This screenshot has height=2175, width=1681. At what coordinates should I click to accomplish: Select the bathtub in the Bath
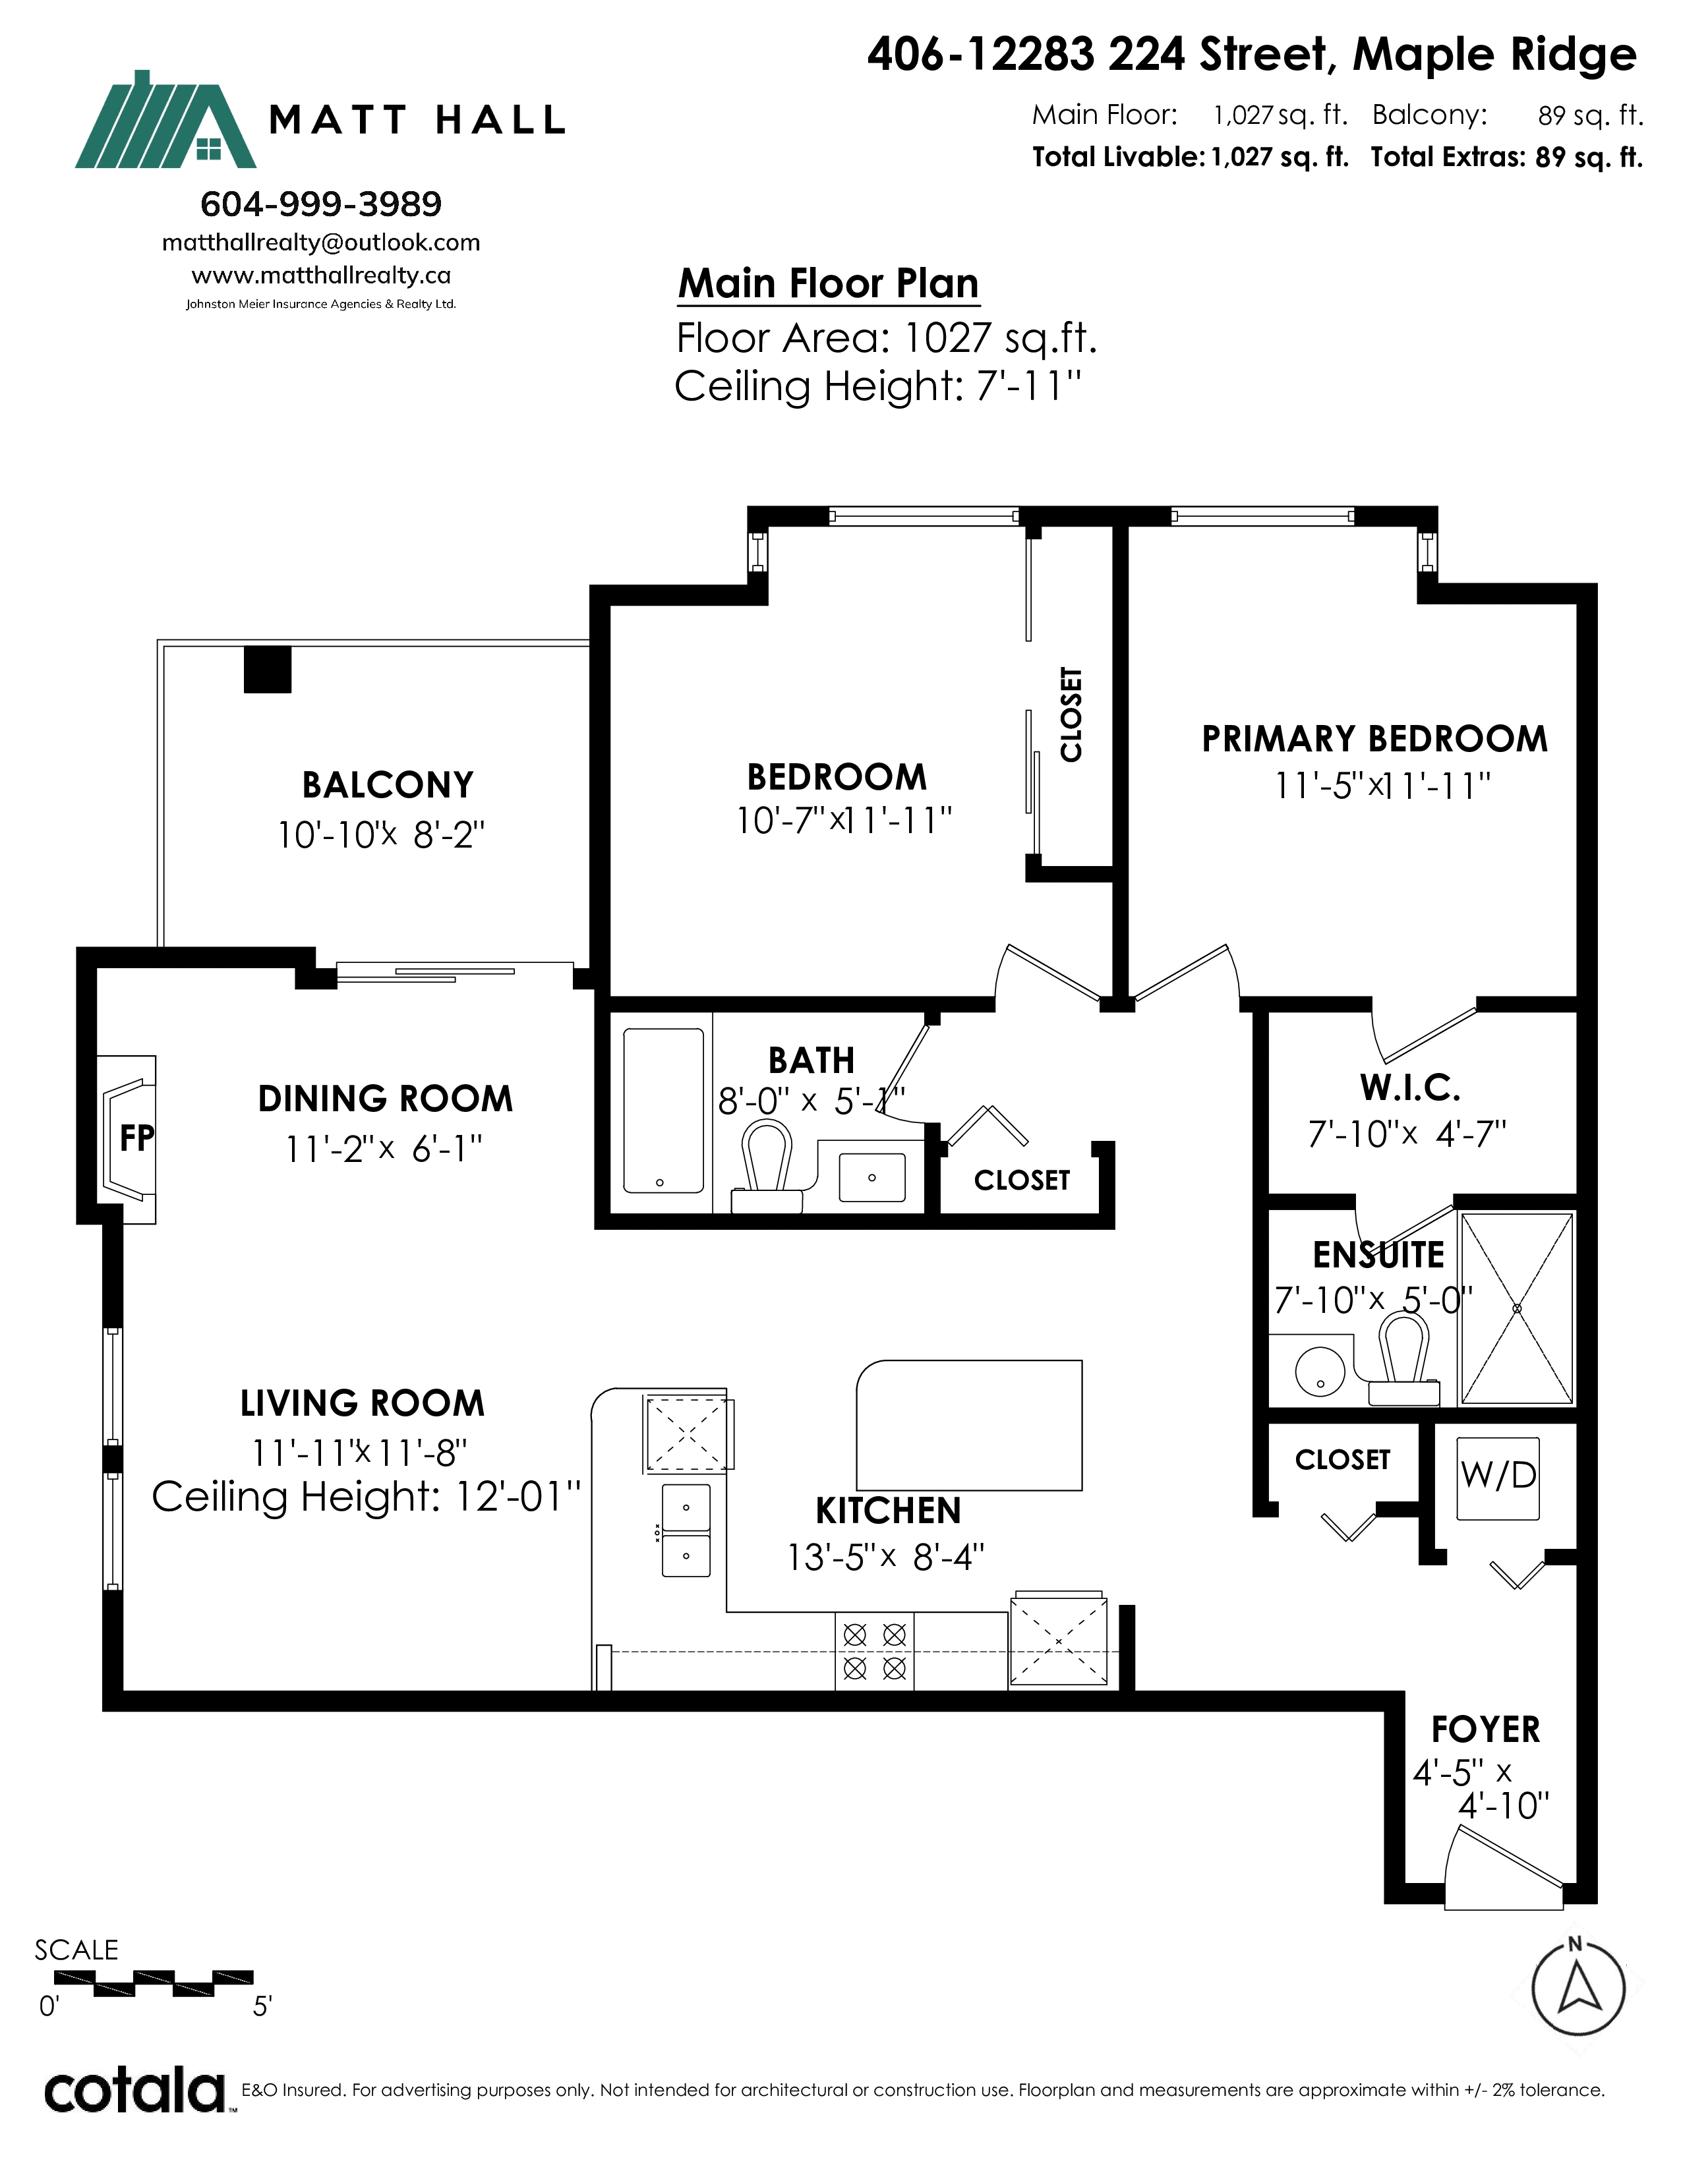(x=663, y=1111)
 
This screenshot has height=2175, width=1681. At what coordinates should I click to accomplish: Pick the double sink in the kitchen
(x=686, y=1530)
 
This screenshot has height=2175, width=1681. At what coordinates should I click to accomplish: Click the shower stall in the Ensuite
(x=1517, y=1308)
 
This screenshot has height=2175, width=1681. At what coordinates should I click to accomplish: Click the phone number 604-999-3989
(x=320, y=204)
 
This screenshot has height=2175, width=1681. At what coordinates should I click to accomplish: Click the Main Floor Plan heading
(x=829, y=284)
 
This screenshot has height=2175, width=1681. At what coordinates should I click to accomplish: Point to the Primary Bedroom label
(x=1374, y=739)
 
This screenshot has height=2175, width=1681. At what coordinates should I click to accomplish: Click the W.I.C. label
(x=1410, y=1089)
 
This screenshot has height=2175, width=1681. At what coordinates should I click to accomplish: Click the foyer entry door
(x=1503, y=1869)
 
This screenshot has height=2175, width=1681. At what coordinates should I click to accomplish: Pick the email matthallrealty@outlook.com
(x=320, y=243)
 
